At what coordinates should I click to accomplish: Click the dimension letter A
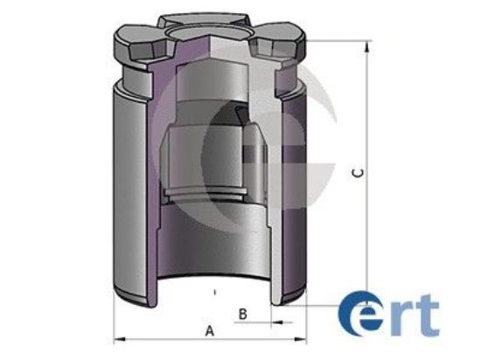(x=209, y=330)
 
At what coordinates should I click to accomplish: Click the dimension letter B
(x=244, y=312)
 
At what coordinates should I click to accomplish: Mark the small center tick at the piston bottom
(x=213, y=287)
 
